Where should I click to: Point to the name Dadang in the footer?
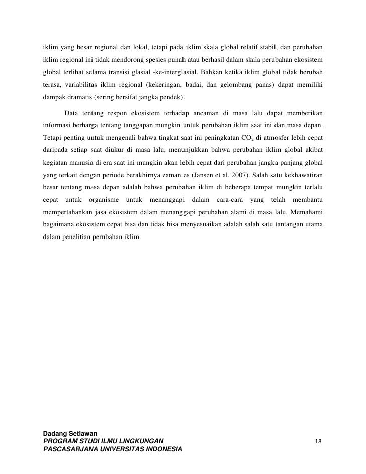pos(55,433)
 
